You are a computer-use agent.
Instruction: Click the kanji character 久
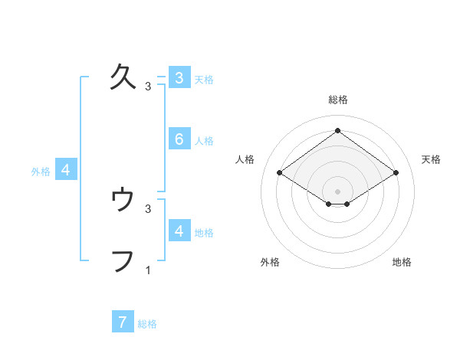coord(124,77)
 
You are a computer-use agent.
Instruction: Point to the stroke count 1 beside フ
coord(148,270)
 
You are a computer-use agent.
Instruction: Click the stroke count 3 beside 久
coord(148,87)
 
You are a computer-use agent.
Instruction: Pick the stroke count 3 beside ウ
coord(148,208)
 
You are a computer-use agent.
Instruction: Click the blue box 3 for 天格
coord(179,77)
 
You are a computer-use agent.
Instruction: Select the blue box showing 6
coord(179,139)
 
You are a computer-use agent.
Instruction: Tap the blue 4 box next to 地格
coord(179,231)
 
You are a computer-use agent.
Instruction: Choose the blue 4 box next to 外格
coord(66,170)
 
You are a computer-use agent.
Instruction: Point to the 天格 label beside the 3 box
coord(204,79)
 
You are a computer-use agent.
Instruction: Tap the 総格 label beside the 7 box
coord(147,323)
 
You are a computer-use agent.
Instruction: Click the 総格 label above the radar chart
coord(337,100)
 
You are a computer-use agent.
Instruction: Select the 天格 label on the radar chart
coord(431,159)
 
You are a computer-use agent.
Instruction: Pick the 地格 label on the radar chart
coord(402,262)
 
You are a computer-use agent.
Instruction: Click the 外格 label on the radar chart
coord(270,262)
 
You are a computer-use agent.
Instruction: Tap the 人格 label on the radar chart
coord(245,159)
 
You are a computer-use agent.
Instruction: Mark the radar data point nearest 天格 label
coord(396,173)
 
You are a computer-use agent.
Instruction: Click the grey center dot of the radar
coord(337,191)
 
